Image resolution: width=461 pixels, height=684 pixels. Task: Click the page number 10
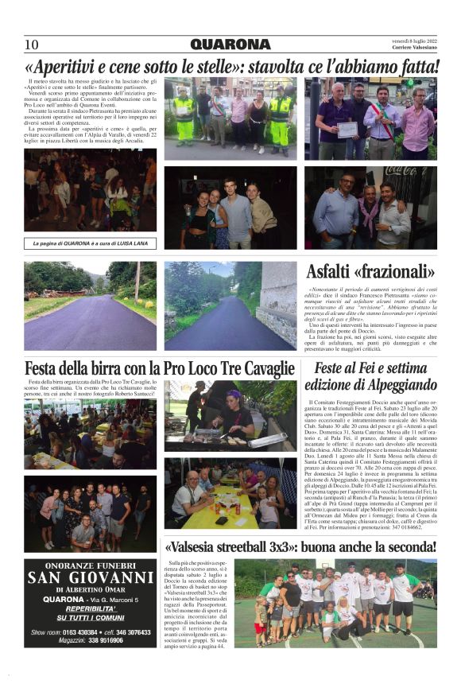tap(32, 45)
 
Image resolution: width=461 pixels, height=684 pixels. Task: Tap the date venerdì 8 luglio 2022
tap(413, 40)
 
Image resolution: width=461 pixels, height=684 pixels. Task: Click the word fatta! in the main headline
tap(413, 65)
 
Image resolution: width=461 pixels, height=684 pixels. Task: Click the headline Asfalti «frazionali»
tap(370, 271)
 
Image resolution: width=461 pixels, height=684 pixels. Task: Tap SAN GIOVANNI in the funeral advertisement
tap(91, 578)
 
